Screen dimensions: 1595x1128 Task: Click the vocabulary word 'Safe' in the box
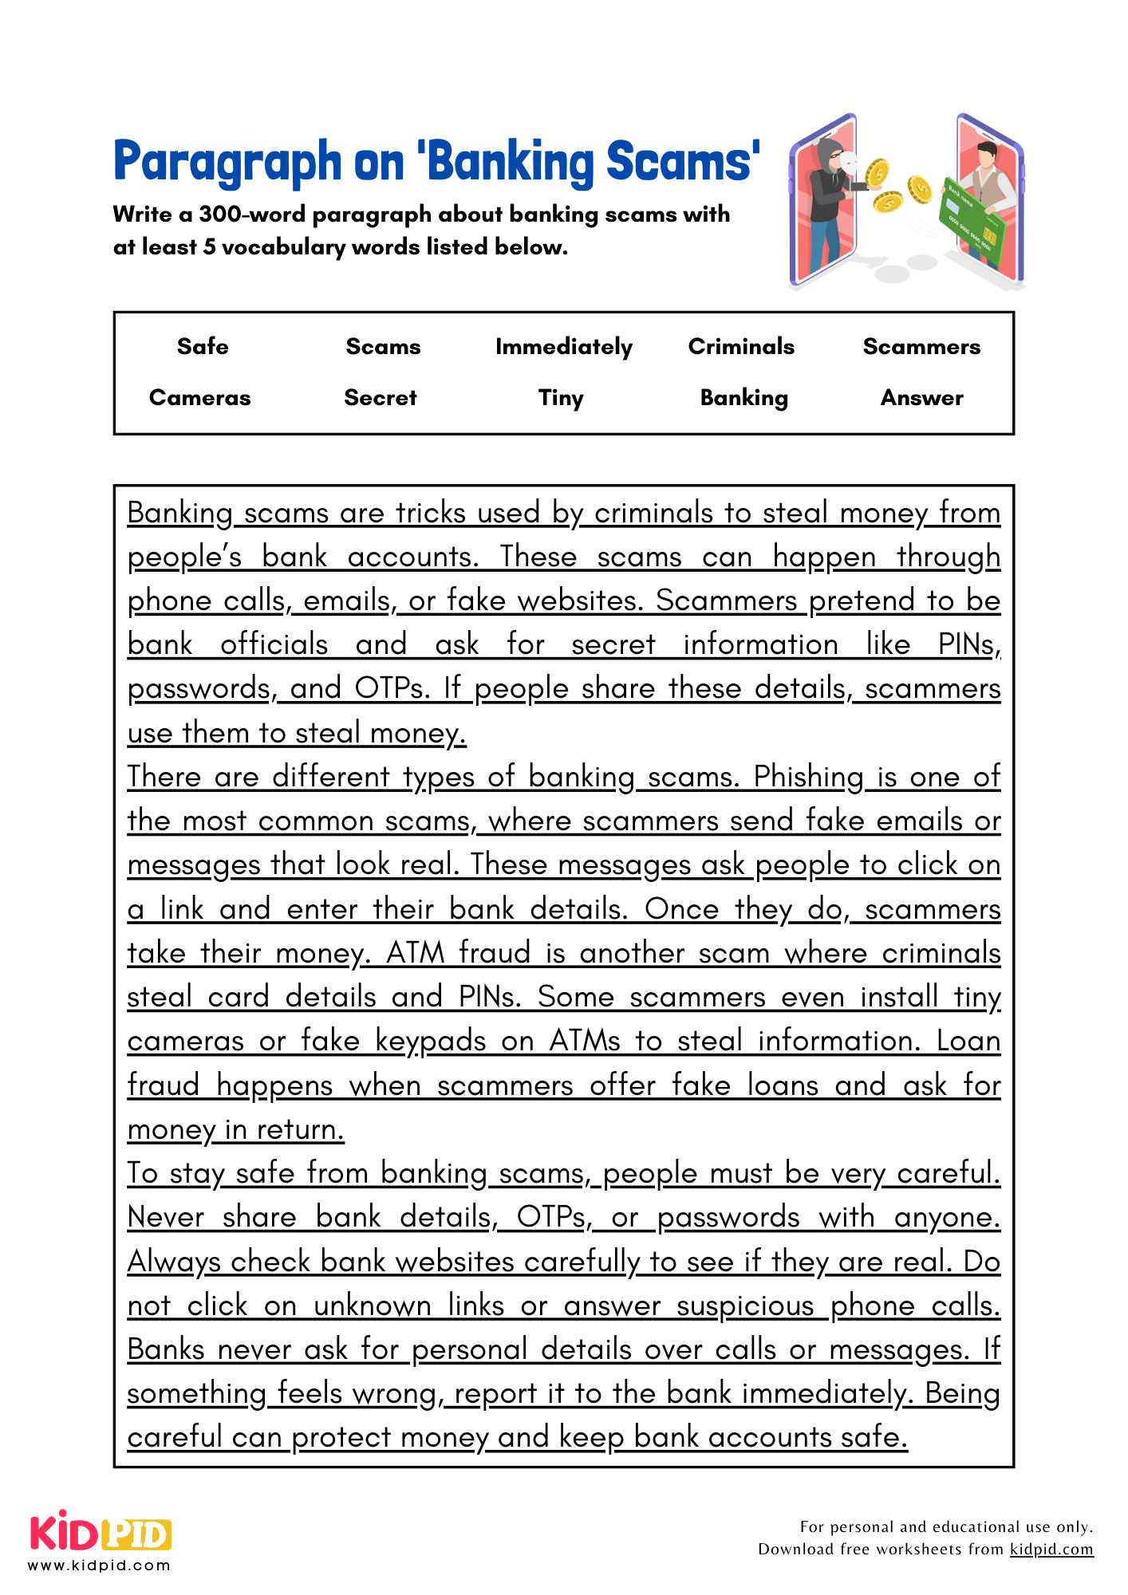coord(203,346)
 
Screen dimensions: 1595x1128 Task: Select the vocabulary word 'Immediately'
coord(563,347)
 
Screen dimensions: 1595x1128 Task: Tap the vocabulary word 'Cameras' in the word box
coord(199,397)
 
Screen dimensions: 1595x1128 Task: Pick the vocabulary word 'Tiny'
coord(561,398)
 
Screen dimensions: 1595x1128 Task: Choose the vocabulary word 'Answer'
coord(921,397)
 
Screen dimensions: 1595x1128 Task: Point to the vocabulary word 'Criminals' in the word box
coord(741,346)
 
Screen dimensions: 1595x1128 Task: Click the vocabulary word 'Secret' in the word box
coord(381,397)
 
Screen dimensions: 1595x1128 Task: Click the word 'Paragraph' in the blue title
coord(227,162)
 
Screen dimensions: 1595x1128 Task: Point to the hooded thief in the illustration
coord(830,199)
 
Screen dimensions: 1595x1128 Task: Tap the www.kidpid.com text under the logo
coord(99,1565)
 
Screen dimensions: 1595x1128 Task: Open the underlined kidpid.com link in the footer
coord(1051,1549)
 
